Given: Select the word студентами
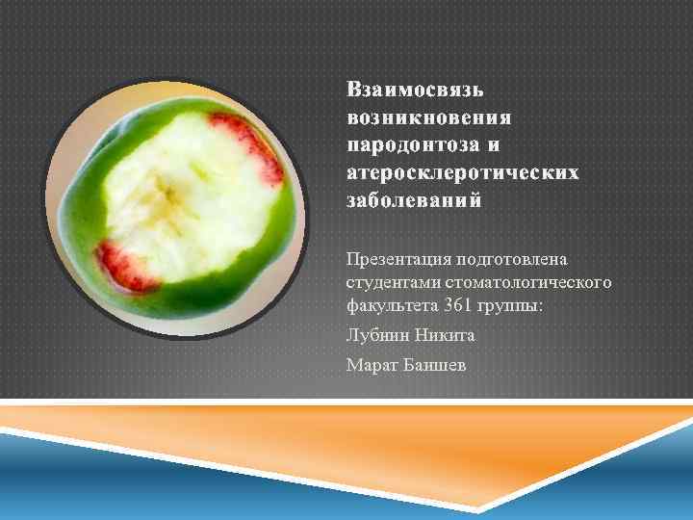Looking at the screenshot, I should [x=391, y=284].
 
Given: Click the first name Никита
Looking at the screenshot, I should [x=444, y=337].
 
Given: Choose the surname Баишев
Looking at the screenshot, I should [x=434, y=365].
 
